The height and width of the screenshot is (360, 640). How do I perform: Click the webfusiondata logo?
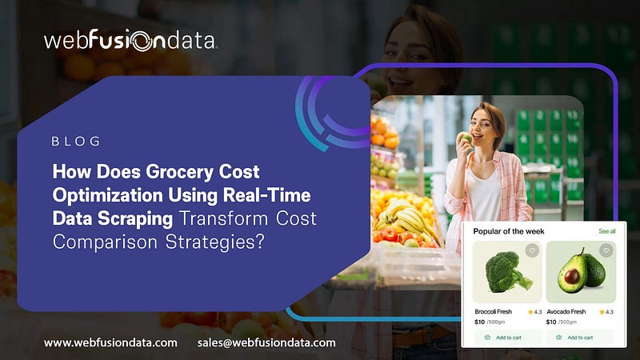pos(130,40)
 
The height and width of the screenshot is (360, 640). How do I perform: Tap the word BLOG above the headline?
pos(76,142)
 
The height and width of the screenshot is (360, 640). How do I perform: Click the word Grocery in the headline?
pos(179,172)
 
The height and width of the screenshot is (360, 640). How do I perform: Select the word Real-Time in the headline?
pos(266,195)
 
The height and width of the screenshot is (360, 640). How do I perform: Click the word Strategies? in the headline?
pos(214,242)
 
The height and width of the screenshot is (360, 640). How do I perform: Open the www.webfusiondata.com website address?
pos(110,343)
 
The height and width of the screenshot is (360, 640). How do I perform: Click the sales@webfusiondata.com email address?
pos(266,343)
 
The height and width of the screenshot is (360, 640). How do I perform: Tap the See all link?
pos(607,231)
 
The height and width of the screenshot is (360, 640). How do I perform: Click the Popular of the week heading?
pos(509,231)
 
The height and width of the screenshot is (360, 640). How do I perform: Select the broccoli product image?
pos(507,272)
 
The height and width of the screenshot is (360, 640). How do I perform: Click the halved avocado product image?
pos(582,270)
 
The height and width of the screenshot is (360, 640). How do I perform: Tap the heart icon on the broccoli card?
pos(532,250)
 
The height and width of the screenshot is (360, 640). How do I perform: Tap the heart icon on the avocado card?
pos(606,250)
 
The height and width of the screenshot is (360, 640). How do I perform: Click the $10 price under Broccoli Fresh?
pos(479,322)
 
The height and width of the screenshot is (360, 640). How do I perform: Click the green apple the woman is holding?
pos(466,138)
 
